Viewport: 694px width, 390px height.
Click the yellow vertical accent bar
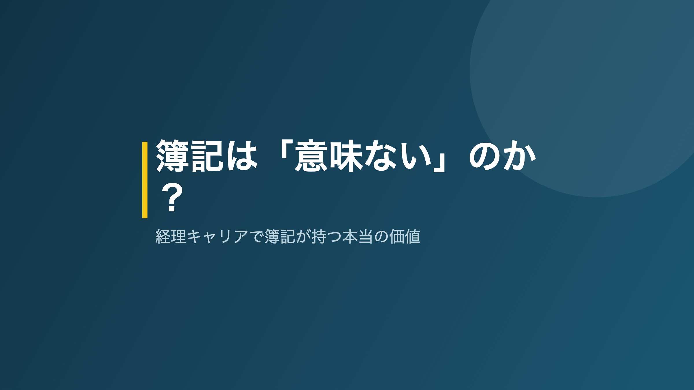145,180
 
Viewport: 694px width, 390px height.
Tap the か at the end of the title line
519,156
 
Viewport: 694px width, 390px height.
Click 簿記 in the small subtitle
280,236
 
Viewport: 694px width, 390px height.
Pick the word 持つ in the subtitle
326,236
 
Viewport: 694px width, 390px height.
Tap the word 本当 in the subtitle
358,236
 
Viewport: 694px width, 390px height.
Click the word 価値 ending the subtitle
405,236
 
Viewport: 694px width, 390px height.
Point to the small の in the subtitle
381,237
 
